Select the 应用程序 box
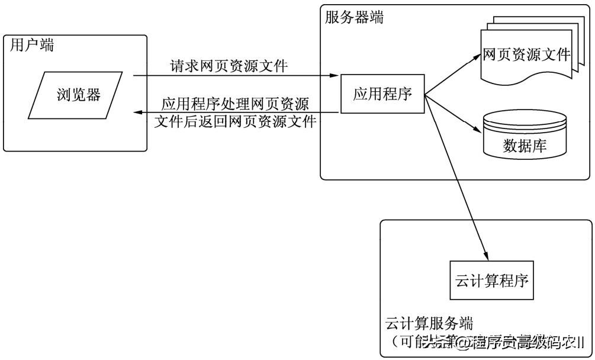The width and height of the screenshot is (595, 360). (x=382, y=94)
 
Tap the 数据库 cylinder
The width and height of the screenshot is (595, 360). (x=524, y=135)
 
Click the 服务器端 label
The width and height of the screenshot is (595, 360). (x=354, y=17)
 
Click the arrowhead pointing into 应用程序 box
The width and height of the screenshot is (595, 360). (x=335, y=76)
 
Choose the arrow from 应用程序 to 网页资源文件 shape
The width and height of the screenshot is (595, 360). (x=453, y=74)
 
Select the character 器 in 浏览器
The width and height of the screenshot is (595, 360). (x=93, y=94)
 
